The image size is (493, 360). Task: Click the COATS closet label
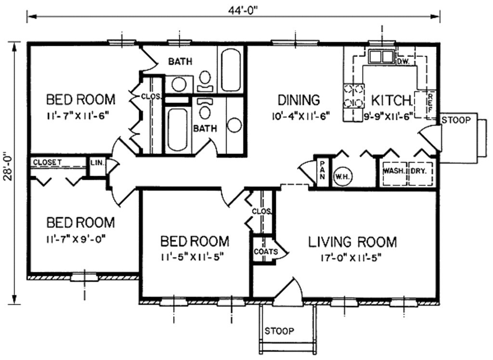(266, 252)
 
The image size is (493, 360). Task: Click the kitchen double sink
(381, 57)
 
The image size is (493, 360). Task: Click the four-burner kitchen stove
(353, 96)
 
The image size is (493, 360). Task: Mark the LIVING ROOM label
(352, 242)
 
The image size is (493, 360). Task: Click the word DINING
(298, 100)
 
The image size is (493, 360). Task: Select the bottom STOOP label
(280, 331)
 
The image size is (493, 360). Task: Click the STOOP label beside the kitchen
(456, 120)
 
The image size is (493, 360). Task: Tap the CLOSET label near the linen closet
(48, 162)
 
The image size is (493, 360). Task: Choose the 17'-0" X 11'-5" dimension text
(351, 258)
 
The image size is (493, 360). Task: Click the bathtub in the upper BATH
(231, 70)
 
